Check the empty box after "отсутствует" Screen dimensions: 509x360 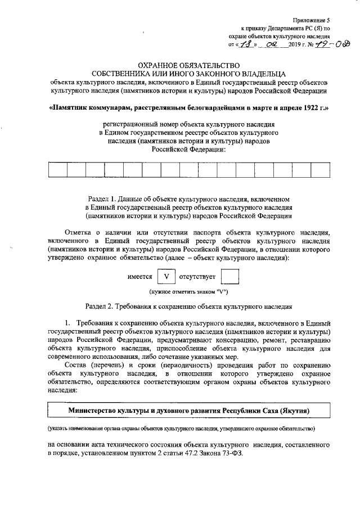coord(230,277)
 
